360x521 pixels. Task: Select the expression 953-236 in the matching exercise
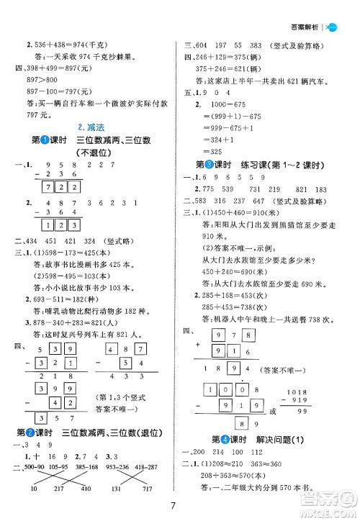[x=122, y=466]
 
